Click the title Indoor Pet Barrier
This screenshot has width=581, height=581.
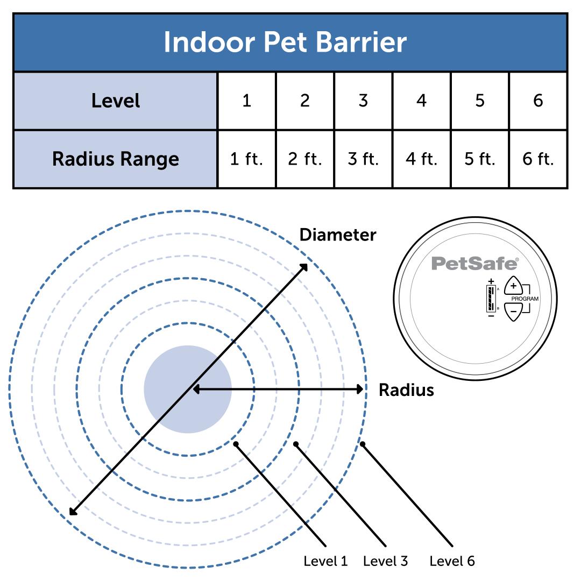point(285,42)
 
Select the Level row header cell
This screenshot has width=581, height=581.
point(115,101)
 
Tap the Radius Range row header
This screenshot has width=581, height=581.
point(115,159)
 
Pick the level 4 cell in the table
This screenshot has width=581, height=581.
point(421,101)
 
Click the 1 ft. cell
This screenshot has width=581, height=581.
point(246,159)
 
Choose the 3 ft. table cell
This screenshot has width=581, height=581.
point(363,159)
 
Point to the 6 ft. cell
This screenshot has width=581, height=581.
point(538,159)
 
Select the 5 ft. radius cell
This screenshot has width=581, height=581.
point(479,159)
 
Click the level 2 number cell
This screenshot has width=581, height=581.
point(304,101)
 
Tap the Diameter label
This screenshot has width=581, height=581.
point(338,235)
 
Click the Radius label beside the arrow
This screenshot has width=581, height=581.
point(406,389)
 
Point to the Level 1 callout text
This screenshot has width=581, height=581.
point(325,561)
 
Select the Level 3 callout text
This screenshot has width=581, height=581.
point(385,561)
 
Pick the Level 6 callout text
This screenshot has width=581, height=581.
point(452,561)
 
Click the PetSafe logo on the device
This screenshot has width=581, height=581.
point(474,264)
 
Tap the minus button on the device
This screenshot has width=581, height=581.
point(513,311)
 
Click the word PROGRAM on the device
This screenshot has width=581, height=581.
point(525,299)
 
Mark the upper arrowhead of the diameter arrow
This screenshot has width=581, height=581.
point(304,266)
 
